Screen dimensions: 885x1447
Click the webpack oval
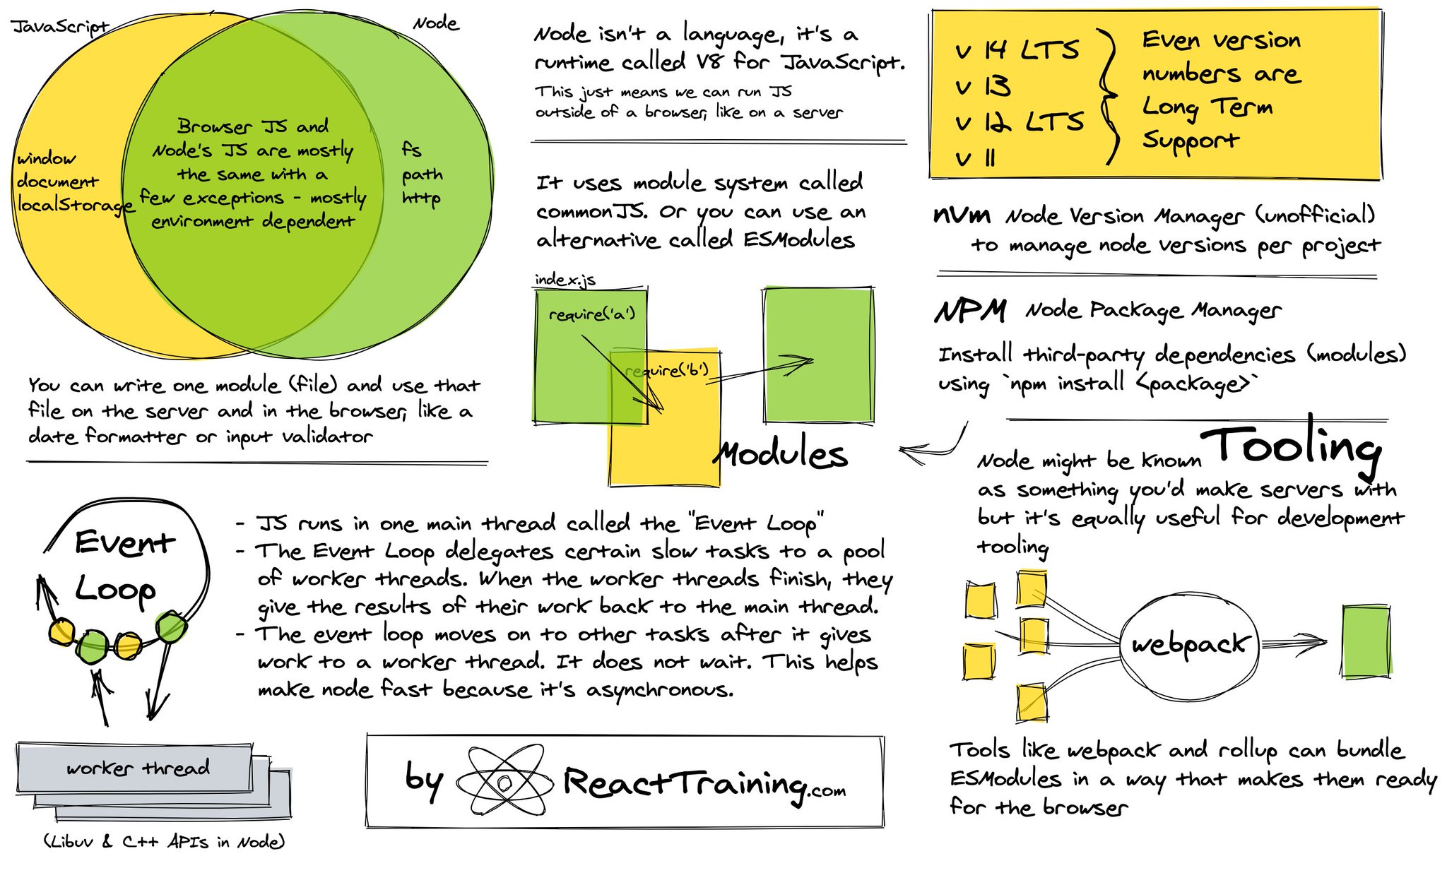[x=1190, y=644]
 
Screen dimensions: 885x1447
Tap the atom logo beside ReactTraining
[x=503, y=781]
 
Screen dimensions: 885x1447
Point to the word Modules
[x=781, y=454]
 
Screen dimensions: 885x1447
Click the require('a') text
[x=592, y=314]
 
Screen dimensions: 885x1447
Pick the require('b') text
[x=667, y=370]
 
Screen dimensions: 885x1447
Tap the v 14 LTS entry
[x=1017, y=50]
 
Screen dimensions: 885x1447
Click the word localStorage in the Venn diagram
[x=75, y=205]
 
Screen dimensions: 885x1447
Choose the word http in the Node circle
[x=421, y=198]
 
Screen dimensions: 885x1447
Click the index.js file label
[x=565, y=280]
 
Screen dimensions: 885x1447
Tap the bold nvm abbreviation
[x=962, y=215]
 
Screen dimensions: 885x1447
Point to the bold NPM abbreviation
[x=970, y=310]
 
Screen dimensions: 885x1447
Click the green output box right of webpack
[x=1366, y=641]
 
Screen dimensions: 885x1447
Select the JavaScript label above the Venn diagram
[x=61, y=27]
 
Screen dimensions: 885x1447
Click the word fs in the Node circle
[x=411, y=150]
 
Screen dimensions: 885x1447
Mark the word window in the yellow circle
[x=46, y=158]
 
